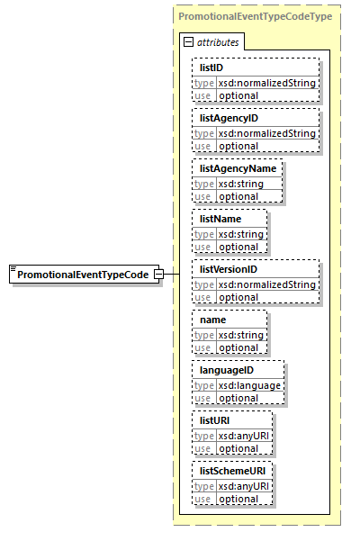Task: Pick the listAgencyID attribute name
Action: (x=229, y=118)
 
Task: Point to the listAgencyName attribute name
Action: (x=238, y=168)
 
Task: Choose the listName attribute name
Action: (x=220, y=219)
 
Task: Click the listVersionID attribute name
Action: (x=229, y=269)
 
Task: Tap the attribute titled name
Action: (x=212, y=320)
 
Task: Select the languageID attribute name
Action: (x=226, y=370)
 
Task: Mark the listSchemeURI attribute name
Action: (x=232, y=471)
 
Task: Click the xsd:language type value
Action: (x=249, y=385)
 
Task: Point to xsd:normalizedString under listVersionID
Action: (x=266, y=284)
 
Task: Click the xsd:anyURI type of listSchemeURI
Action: (x=243, y=486)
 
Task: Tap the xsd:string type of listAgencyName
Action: (x=240, y=184)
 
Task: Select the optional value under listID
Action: (x=238, y=95)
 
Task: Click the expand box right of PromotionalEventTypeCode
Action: (x=158, y=274)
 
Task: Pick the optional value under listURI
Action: (x=238, y=448)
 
